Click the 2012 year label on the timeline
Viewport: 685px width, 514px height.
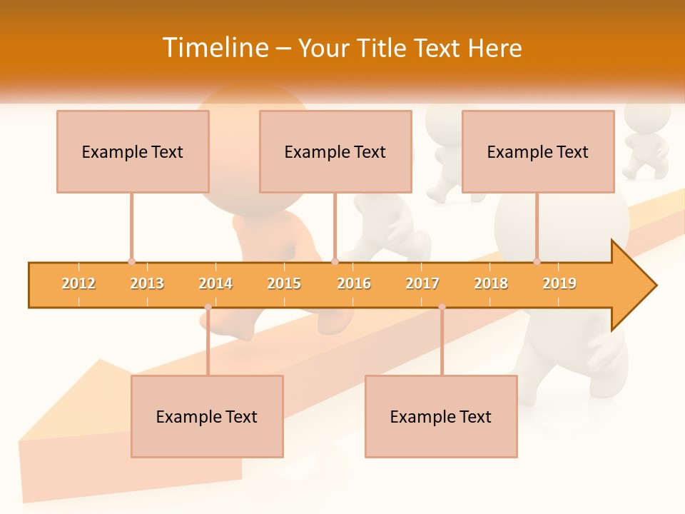click(78, 283)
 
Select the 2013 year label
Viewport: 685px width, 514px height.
click(147, 283)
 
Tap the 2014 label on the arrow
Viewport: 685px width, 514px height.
click(215, 283)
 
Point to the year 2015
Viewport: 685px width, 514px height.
click(284, 283)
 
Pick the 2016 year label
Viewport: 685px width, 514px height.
click(354, 283)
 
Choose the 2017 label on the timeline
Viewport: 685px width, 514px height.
click(422, 283)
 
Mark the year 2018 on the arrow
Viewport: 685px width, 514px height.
click(491, 283)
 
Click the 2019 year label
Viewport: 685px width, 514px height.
click(559, 283)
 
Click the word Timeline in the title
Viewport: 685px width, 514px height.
click(214, 48)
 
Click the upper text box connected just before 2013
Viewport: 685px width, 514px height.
click(133, 151)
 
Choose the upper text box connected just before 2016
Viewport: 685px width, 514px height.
click(335, 151)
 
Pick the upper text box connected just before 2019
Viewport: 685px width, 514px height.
click(538, 151)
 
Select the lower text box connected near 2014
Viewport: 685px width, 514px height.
click(207, 416)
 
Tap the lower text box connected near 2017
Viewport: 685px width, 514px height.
click(441, 416)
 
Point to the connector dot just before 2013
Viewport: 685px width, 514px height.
click(131, 261)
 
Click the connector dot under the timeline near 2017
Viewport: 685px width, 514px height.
click(442, 307)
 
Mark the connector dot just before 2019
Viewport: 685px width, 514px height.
click(537, 261)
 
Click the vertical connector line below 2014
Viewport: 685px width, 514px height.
click(208, 343)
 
